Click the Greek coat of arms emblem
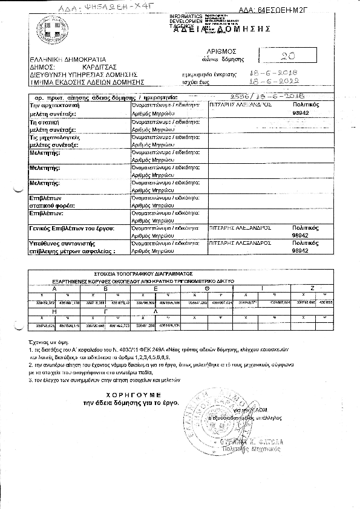pyautogui.click(x=50, y=30)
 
